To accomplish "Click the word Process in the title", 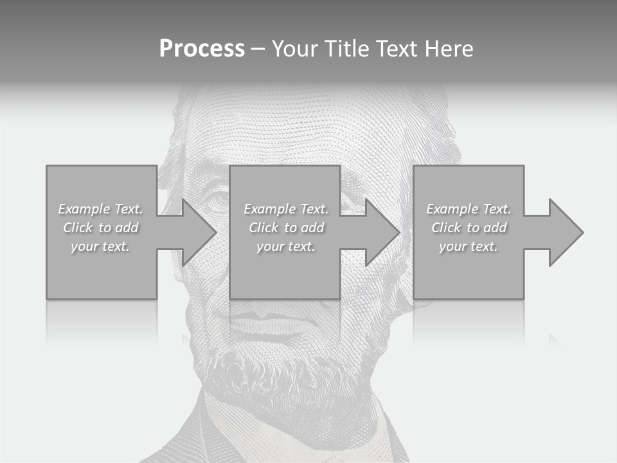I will [202, 49].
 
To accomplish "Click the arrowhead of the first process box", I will [199, 232].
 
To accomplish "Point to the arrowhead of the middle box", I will [382, 232].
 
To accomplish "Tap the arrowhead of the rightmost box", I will [566, 232].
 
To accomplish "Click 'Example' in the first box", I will [84, 209].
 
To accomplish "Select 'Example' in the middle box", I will [269, 209].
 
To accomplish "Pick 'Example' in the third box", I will [452, 209].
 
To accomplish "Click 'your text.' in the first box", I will [100, 246].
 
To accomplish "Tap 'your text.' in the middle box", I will [286, 246].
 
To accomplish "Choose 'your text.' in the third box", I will [469, 246].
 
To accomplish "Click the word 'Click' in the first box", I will [78, 228].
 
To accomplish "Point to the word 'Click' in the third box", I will [446, 228].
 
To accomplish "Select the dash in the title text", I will [258, 49].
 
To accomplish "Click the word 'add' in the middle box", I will [312, 228].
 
